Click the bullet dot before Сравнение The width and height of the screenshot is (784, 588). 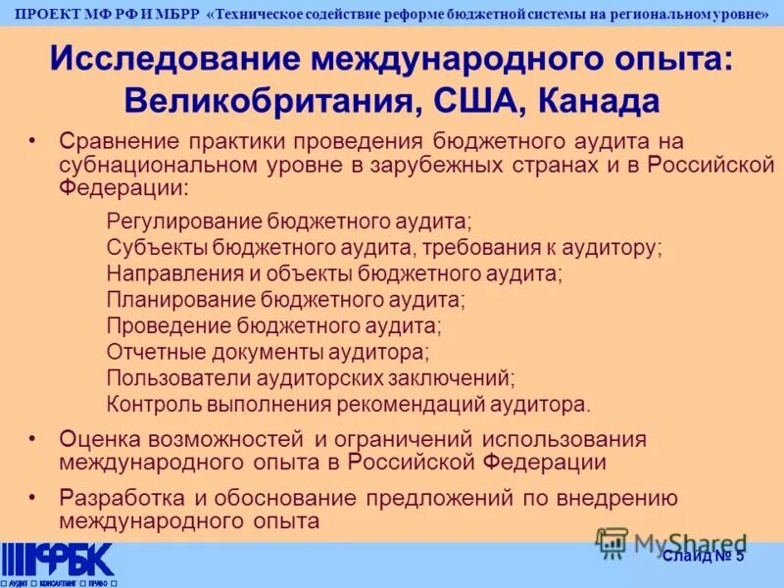coord(33,143)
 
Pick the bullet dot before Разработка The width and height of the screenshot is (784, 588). coord(33,498)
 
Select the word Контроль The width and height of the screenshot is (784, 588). coord(147,402)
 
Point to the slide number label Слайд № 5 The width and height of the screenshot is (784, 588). coord(704,557)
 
